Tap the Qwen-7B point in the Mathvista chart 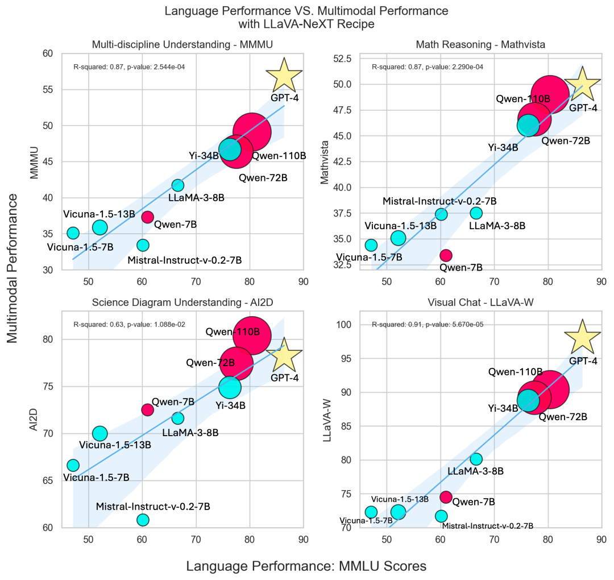click(446, 255)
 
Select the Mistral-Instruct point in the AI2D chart click(143, 520)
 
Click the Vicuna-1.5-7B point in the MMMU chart click(73, 233)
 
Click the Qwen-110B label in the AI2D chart click(233, 332)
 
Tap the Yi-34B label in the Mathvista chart click(503, 148)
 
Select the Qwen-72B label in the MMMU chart click(263, 177)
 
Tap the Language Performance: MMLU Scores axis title click(306, 566)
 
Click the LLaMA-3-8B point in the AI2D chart click(178, 419)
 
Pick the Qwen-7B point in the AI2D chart click(148, 409)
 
